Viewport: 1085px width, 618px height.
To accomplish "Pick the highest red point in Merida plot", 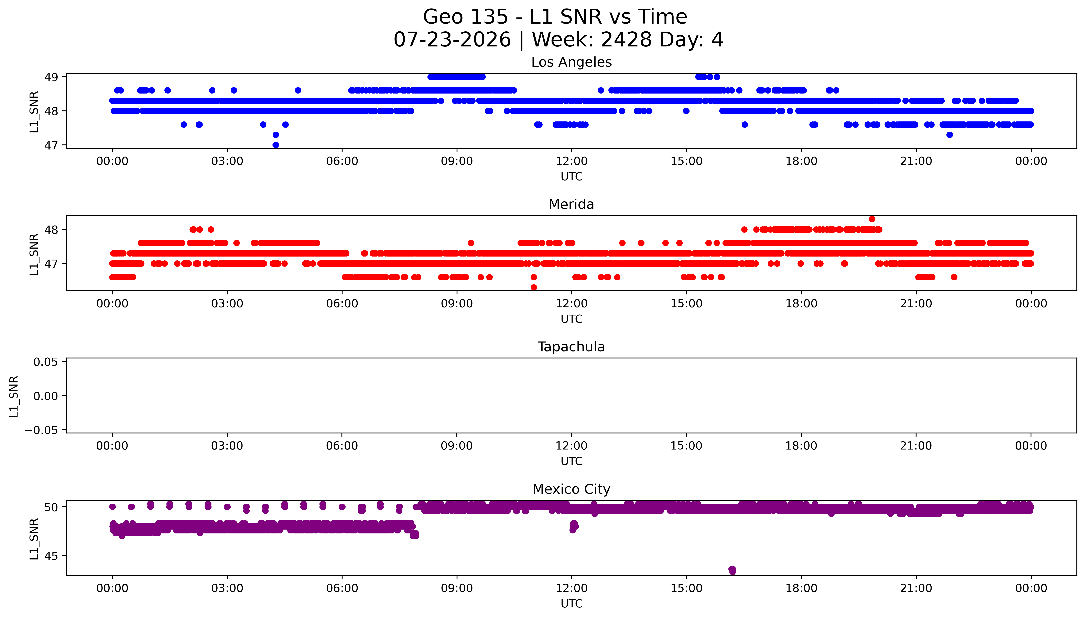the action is click(872, 219).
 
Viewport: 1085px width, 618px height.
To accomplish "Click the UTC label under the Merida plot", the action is click(572, 319).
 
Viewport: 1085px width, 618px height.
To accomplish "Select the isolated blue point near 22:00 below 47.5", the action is click(950, 134).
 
